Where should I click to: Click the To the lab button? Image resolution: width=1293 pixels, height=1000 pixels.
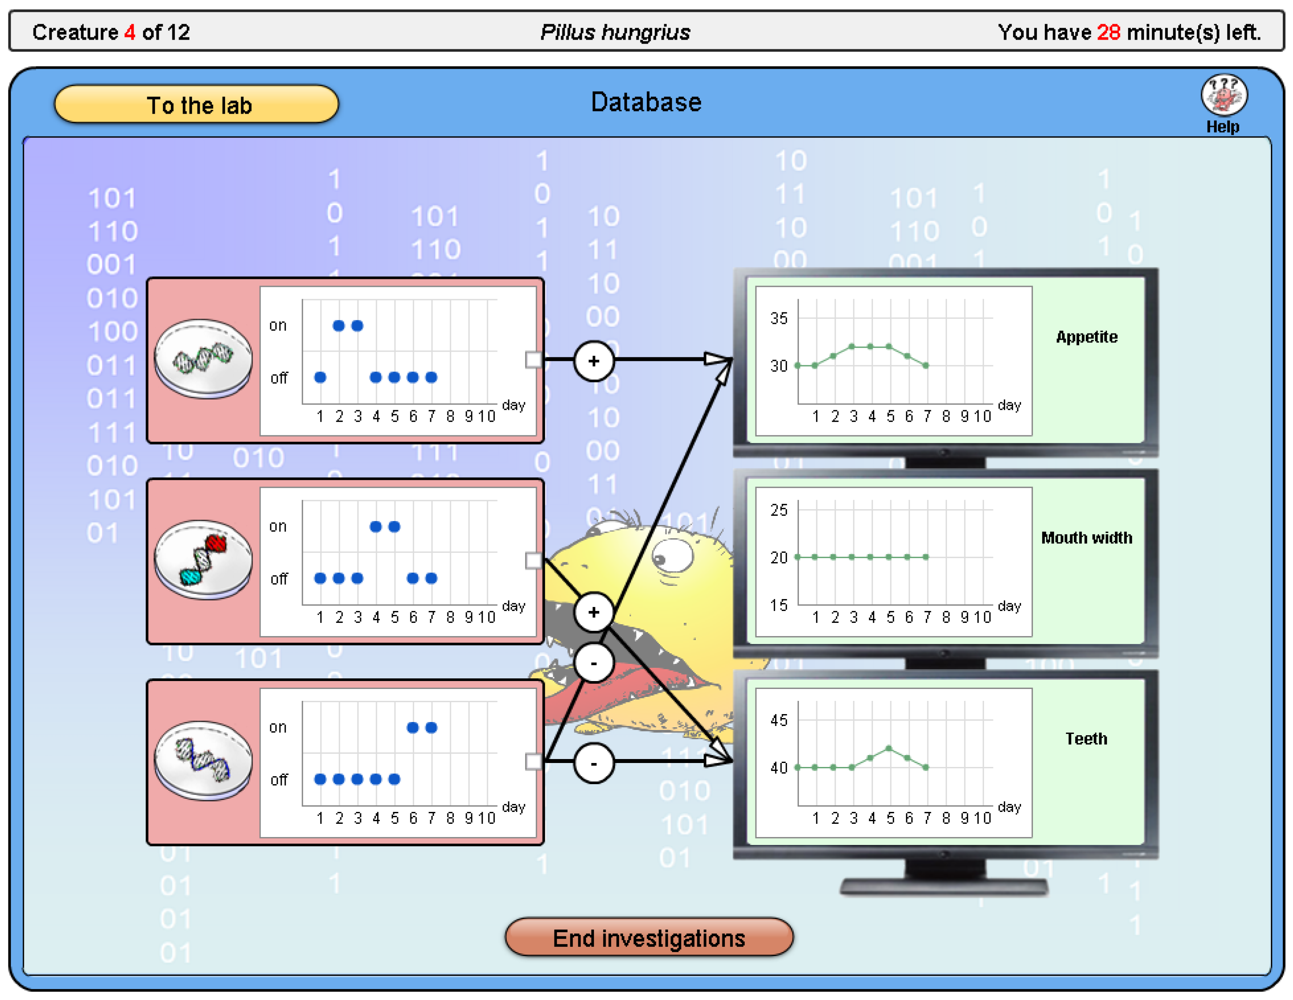[x=196, y=105]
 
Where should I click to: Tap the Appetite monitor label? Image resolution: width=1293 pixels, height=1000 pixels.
[x=1086, y=337]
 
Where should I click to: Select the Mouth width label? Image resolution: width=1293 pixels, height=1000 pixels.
[x=1086, y=537]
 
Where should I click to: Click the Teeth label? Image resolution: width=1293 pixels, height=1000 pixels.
[x=1086, y=738]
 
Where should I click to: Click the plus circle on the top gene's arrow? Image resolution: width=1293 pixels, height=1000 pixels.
[x=594, y=361]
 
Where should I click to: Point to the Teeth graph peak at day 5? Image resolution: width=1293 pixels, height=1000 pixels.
[x=888, y=748]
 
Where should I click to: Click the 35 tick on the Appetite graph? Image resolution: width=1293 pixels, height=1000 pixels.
[x=779, y=319]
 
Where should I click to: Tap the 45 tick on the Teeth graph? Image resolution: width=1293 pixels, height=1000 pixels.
[x=779, y=720]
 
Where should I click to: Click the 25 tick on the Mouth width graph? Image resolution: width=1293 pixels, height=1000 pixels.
[x=779, y=509]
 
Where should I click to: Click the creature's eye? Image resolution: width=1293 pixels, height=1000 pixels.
[x=672, y=556]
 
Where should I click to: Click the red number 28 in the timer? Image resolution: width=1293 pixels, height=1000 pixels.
[x=1108, y=32]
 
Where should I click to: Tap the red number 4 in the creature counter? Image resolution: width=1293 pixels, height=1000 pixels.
[x=130, y=32]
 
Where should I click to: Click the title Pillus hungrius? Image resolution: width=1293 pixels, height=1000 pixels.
[x=614, y=32]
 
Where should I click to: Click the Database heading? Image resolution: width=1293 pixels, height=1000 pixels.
[x=646, y=102]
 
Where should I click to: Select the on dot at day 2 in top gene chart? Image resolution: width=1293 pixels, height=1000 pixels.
[x=338, y=326]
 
